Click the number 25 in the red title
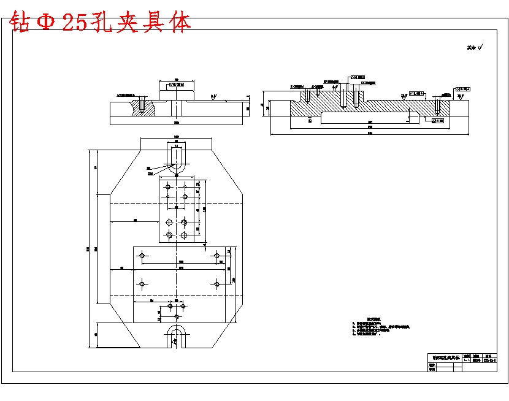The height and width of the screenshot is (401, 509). click(74, 23)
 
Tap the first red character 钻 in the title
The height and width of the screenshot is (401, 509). click(20, 23)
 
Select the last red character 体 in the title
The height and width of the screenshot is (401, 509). click(180, 23)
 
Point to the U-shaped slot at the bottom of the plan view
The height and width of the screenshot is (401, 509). click(177, 338)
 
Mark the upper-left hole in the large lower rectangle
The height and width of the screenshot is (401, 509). click(142, 255)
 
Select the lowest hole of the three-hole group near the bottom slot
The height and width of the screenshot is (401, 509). click(177, 316)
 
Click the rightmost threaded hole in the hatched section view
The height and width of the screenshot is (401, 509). click(437, 105)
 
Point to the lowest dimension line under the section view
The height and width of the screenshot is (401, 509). click(370, 133)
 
